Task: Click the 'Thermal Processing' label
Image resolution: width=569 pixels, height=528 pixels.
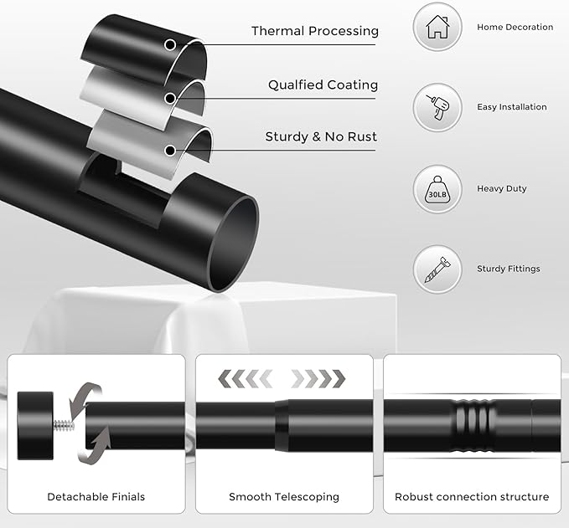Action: [x=314, y=32]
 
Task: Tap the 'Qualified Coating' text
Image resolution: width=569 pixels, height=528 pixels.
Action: [x=323, y=85]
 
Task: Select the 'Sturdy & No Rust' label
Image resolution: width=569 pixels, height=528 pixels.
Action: [x=321, y=136]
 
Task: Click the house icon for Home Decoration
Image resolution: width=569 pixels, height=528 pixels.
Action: [x=437, y=28]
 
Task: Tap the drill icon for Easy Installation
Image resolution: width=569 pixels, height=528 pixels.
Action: [x=437, y=107]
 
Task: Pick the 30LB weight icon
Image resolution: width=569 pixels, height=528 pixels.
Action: [x=437, y=189]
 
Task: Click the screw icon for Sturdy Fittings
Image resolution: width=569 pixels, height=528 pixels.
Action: [x=437, y=269]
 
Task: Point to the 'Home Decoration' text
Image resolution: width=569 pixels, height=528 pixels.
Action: [x=515, y=28]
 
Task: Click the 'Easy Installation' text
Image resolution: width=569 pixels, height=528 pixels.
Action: [x=511, y=107]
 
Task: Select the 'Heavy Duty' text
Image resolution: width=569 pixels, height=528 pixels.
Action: [x=501, y=189]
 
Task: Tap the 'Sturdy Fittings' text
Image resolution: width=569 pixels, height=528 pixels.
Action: [x=508, y=269]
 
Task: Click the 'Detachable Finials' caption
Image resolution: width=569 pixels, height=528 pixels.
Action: [x=96, y=497]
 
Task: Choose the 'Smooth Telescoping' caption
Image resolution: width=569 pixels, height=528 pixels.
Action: [x=284, y=497]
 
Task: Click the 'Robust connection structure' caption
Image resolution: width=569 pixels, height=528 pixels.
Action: [x=472, y=497]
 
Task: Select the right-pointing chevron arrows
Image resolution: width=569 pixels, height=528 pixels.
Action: [x=318, y=377]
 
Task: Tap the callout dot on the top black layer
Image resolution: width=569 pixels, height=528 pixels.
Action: [x=171, y=44]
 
